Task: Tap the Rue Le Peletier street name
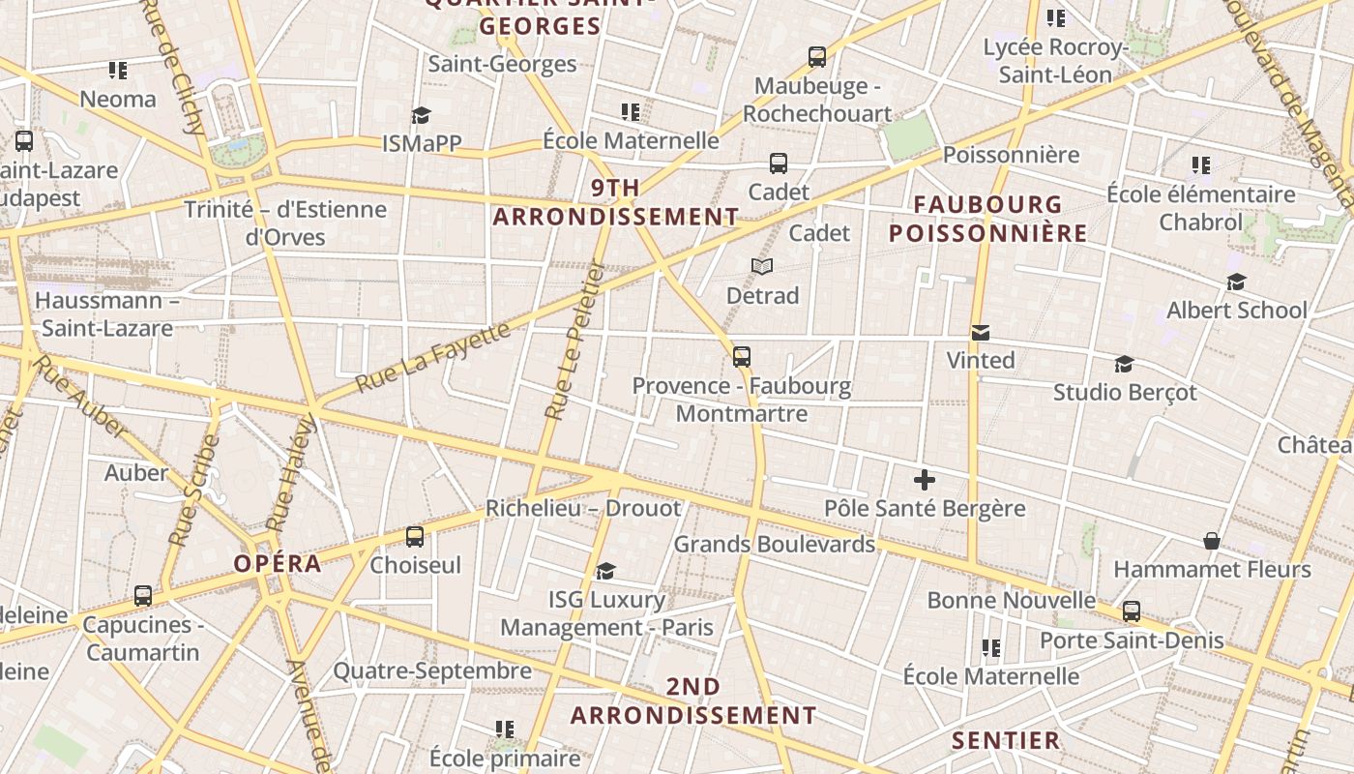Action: pos(574,341)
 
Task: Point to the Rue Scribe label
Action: pos(194,491)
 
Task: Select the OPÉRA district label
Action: pos(278,563)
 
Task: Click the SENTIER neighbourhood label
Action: pos(1006,741)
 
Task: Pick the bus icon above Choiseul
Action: pos(415,536)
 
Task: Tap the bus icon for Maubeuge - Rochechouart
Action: pos(817,57)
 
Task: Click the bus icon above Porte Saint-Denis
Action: pos(1132,611)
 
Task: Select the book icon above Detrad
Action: pos(762,266)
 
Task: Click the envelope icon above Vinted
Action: pos(981,333)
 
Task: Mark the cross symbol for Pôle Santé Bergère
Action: pos(924,479)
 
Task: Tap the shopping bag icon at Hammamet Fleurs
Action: pos(1211,540)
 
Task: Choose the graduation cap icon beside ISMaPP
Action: pos(421,116)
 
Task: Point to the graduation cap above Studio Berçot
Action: pos(1124,364)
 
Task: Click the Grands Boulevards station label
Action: pos(774,544)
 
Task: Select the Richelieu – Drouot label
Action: pos(583,508)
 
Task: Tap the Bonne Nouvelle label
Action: pos(1012,600)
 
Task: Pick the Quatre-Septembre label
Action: pos(432,670)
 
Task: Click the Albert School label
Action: pos(1237,310)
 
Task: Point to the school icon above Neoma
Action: pos(118,70)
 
